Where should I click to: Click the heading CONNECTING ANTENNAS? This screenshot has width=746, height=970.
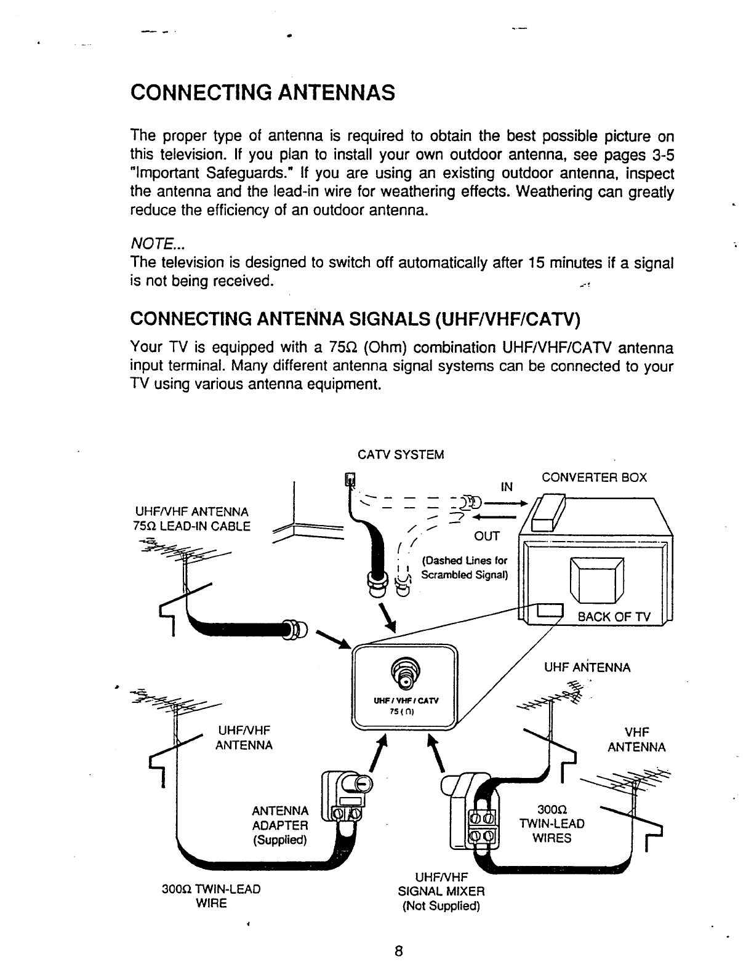point(262,94)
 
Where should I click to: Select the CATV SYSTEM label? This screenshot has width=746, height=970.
point(400,455)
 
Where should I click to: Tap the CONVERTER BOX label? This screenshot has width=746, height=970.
point(594,478)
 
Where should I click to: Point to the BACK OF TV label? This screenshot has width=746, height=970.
point(609,618)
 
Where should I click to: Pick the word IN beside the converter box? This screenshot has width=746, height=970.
point(507,488)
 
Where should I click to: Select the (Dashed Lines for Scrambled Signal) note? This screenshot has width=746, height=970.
point(463,568)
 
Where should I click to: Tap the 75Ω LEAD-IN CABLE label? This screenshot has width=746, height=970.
point(191,526)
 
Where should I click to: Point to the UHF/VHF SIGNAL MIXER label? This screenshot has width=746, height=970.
point(442,890)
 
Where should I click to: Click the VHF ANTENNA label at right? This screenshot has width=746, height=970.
point(636,739)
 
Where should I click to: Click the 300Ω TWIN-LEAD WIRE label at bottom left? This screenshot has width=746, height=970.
point(211,896)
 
